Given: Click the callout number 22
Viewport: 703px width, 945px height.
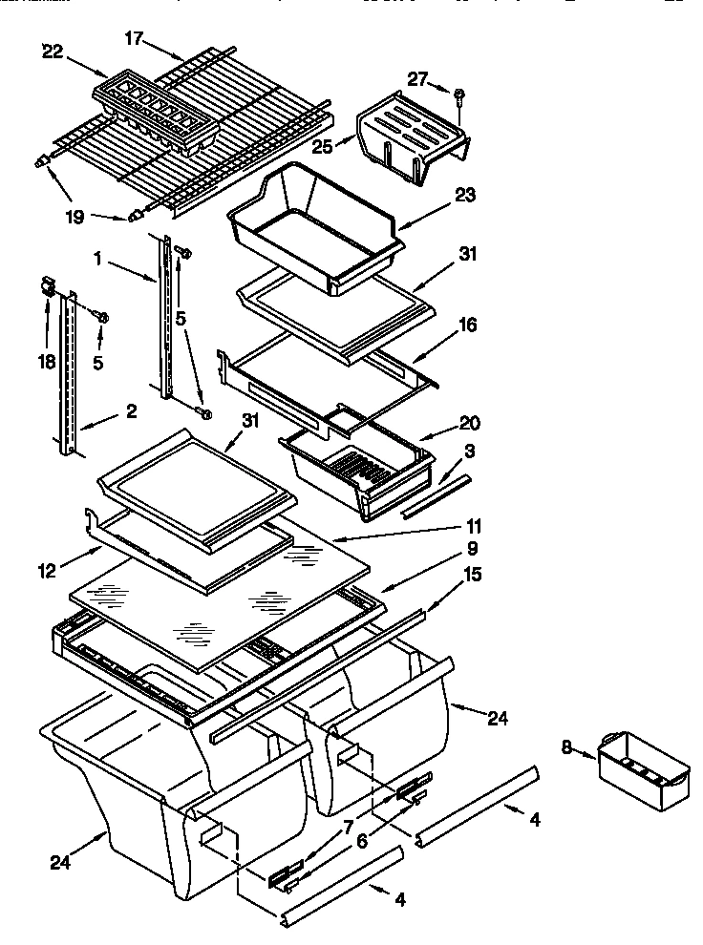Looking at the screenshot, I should coord(53,52).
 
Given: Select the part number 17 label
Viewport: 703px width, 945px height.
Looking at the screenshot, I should coord(134,38).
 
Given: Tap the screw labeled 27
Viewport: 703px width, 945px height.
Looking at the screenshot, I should coord(459,94).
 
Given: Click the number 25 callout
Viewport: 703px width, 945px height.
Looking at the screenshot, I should coord(321,146).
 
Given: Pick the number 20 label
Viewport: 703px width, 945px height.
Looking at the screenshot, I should coord(469,422).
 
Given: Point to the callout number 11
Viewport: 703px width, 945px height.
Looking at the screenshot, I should coord(474,526).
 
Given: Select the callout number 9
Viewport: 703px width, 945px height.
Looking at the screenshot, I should coord(473,549).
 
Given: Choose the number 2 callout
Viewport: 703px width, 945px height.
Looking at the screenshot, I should coord(131,412).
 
